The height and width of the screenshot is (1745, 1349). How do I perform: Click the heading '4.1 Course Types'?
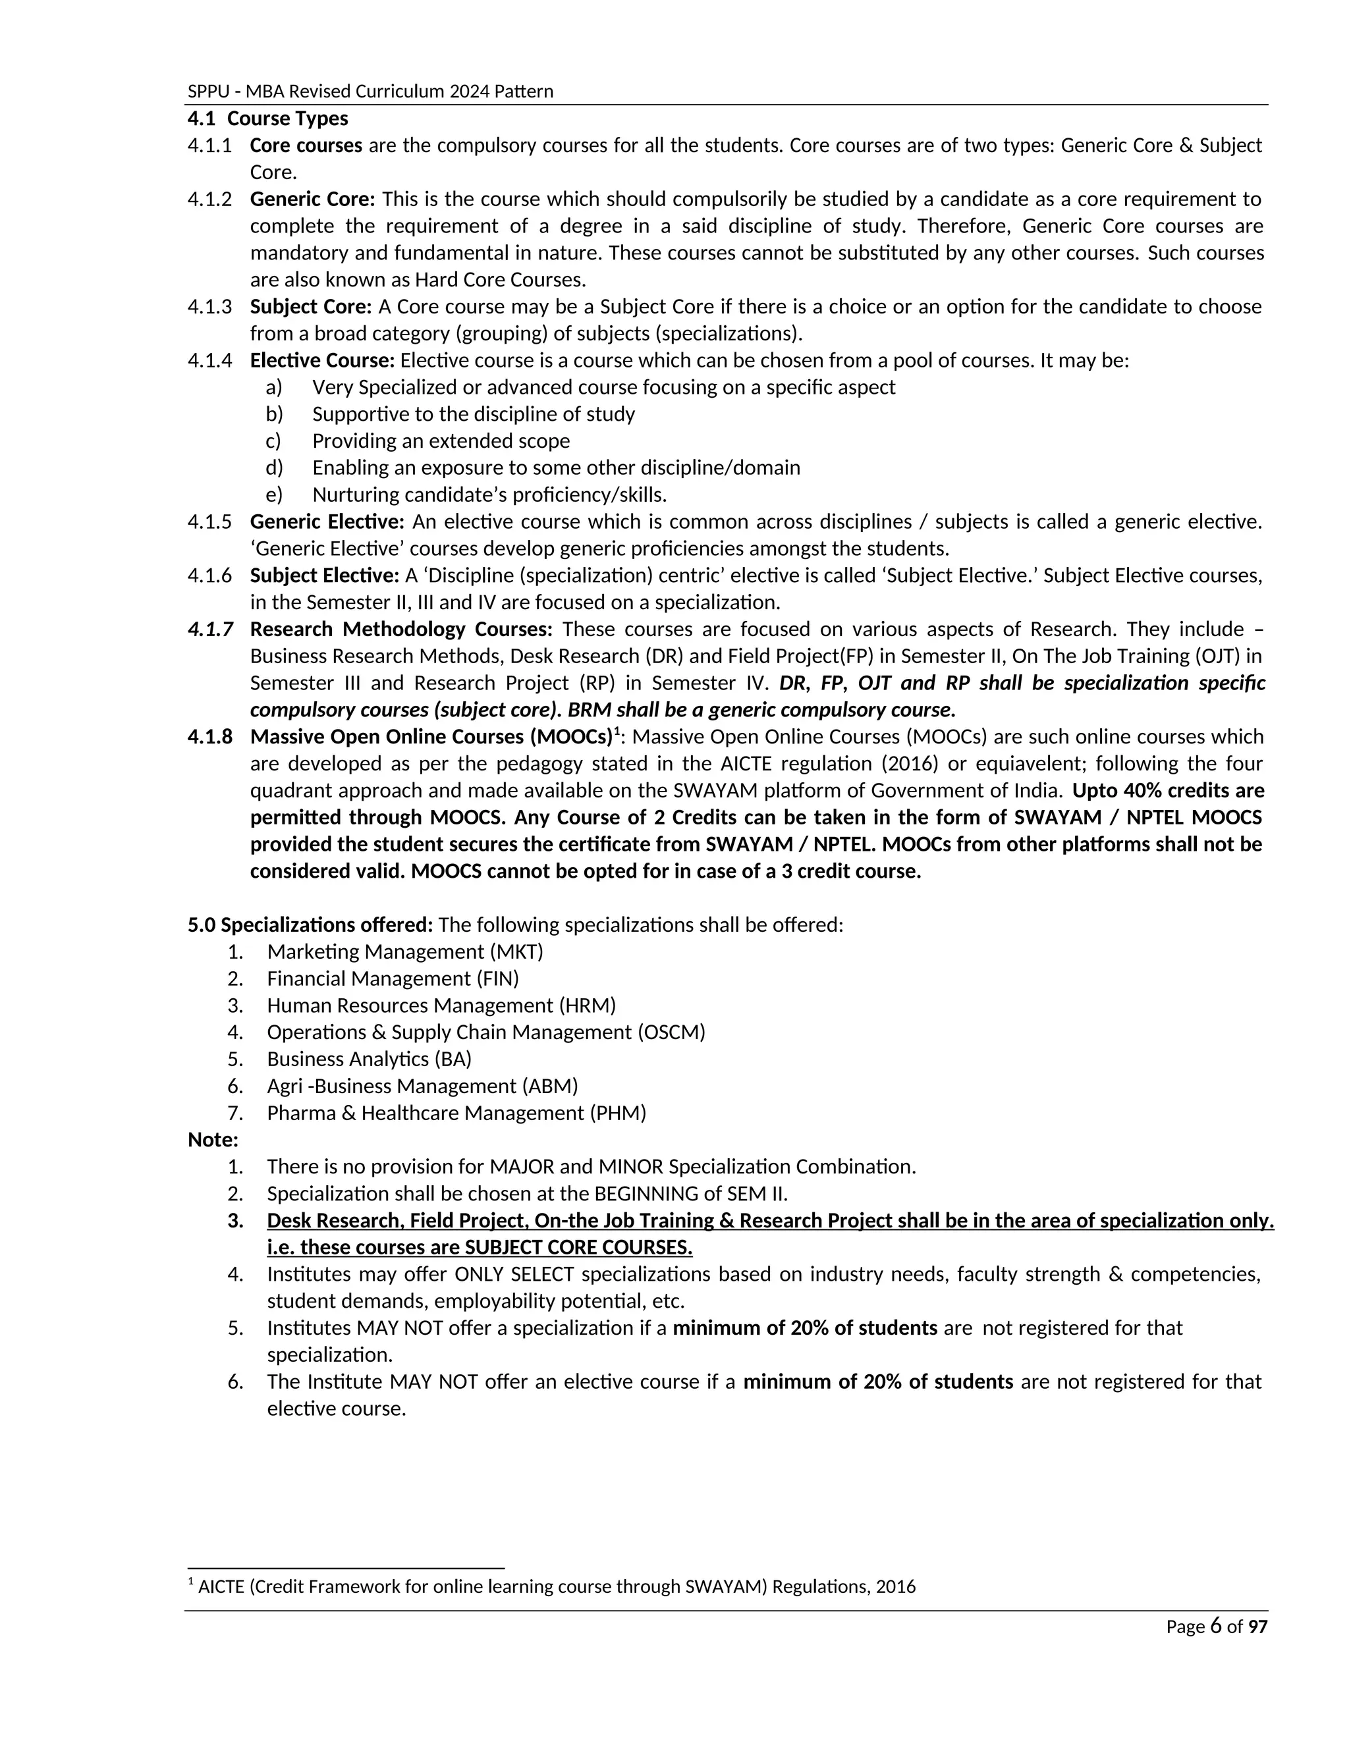point(267,119)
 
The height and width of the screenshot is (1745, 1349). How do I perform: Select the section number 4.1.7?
point(210,629)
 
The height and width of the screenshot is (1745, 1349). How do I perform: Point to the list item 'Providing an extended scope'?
point(441,441)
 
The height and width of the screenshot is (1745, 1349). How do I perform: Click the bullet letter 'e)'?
point(274,495)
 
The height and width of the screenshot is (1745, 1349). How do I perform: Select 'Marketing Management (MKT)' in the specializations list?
point(404,952)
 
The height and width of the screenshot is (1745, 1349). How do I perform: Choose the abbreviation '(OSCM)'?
point(671,1033)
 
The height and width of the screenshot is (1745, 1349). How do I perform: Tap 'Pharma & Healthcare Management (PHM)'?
point(456,1113)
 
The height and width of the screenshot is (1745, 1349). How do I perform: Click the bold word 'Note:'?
point(213,1140)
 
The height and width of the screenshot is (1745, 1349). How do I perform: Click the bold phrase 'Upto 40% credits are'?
point(1168,790)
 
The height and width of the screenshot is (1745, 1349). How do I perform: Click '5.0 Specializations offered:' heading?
point(310,925)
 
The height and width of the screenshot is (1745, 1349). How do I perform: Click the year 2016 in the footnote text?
point(895,1587)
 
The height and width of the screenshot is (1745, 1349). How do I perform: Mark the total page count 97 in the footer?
point(1258,1626)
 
